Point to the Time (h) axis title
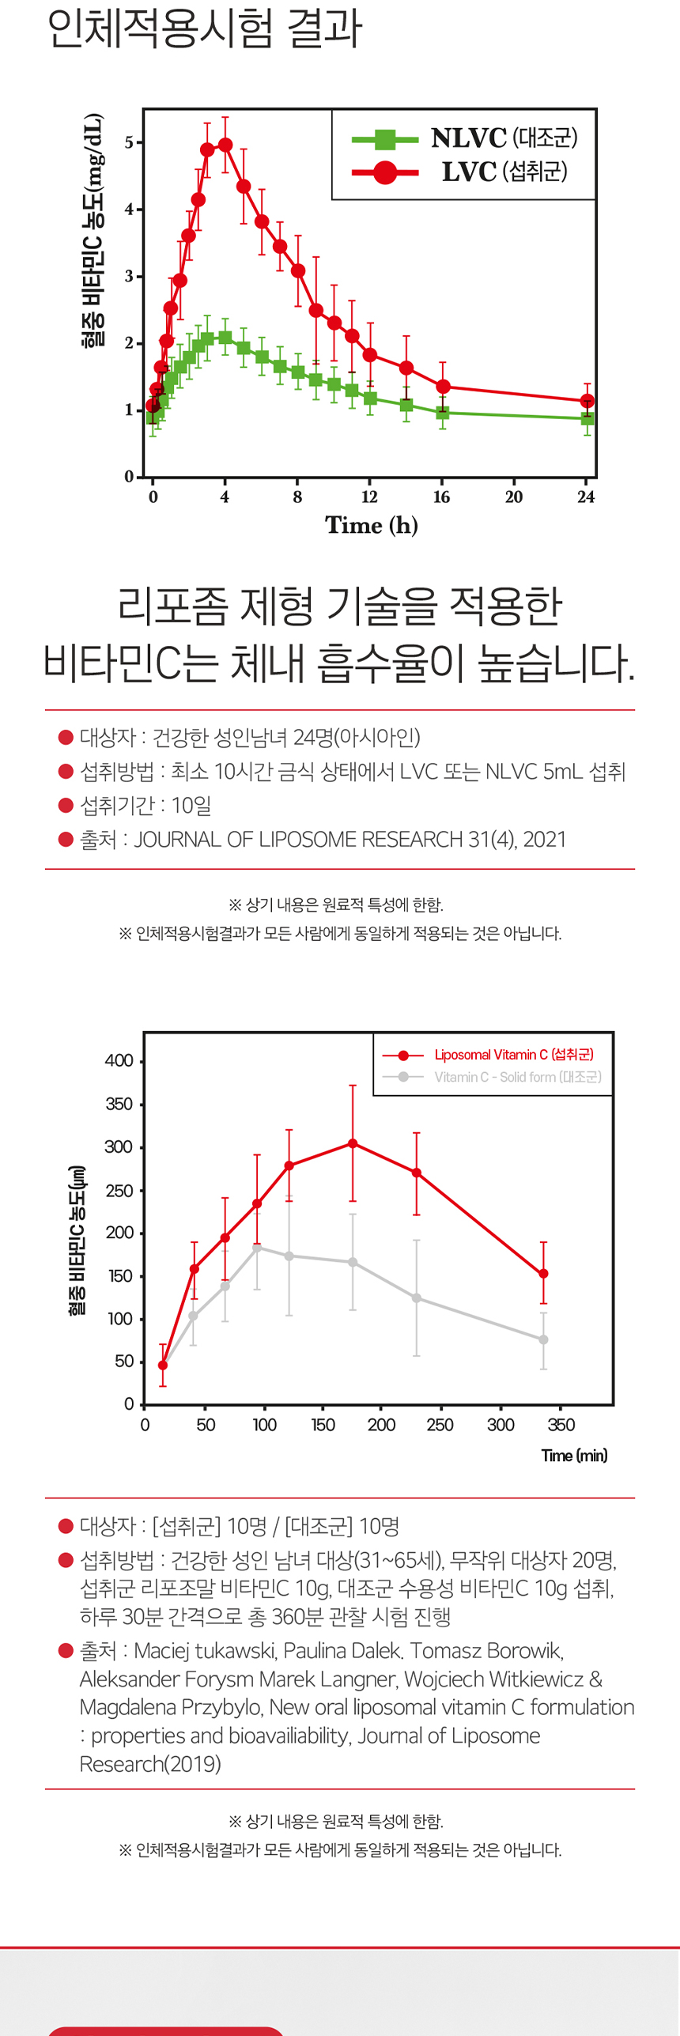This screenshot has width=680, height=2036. coord(371,525)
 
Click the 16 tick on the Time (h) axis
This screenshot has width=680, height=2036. coord(441,497)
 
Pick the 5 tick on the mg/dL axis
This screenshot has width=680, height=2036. coord(129,143)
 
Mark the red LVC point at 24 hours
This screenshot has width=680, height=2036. coord(587,401)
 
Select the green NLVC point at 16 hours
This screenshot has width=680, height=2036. coord(443,413)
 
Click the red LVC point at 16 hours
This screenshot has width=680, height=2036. coord(443,387)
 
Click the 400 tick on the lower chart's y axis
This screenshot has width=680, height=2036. coord(119,1061)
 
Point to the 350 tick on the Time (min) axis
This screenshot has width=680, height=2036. coord(561,1425)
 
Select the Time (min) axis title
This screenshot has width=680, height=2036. coord(574,1456)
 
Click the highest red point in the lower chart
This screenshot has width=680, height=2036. coord(353,1143)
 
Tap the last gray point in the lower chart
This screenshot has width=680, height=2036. coord(543,1339)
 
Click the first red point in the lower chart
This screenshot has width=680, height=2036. coord(163,1366)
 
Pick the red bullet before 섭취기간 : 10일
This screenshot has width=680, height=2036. coord(66,805)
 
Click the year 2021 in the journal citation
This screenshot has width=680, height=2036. coord(545,839)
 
